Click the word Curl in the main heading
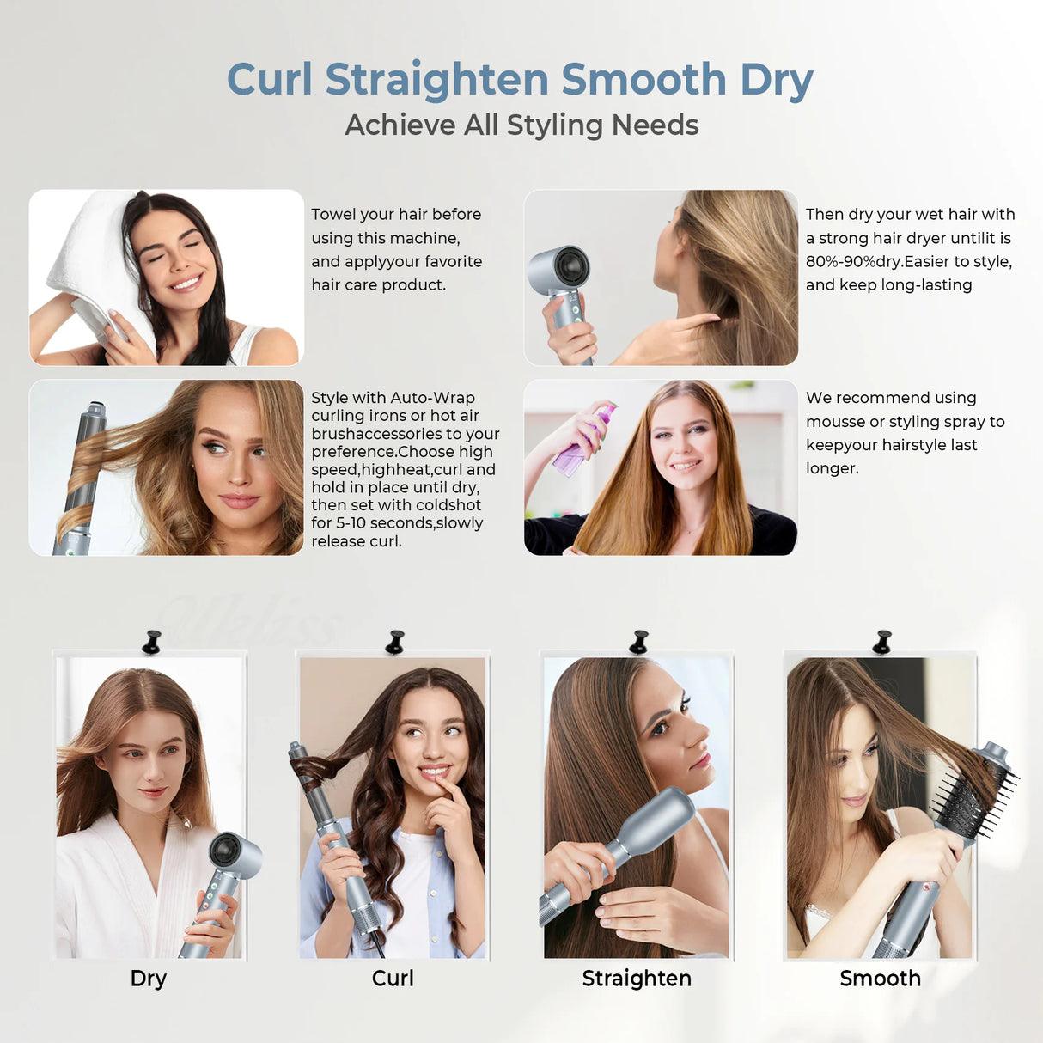(x=269, y=80)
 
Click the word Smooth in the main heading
(x=643, y=80)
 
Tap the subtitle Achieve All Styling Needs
(x=521, y=125)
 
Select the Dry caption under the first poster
(x=148, y=979)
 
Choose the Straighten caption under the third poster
(x=636, y=979)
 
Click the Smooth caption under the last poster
(x=880, y=979)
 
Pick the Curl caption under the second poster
(x=393, y=979)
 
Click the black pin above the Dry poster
(x=152, y=642)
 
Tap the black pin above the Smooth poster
(x=882, y=642)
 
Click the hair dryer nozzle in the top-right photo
(x=564, y=267)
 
